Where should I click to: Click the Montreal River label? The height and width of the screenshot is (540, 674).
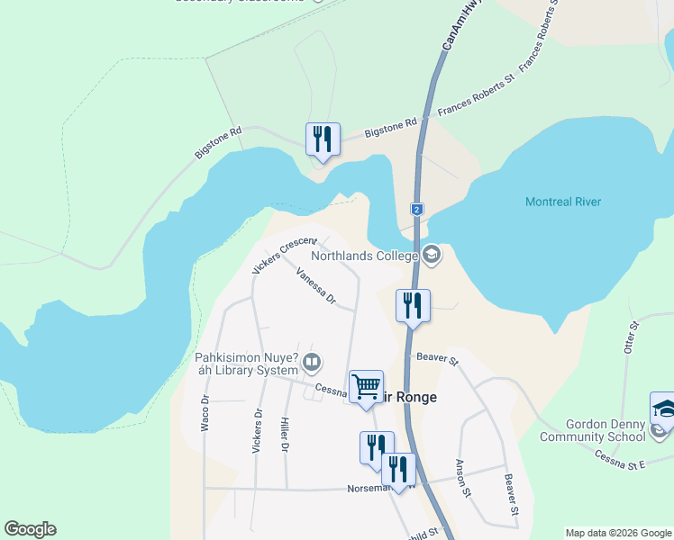[x=562, y=202]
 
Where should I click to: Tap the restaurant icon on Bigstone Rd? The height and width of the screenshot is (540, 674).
[x=323, y=139]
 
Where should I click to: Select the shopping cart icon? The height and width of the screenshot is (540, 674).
[x=366, y=387]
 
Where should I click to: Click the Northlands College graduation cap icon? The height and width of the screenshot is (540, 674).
[x=432, y=256]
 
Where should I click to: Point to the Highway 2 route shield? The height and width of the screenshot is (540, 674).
[x=416, y=209]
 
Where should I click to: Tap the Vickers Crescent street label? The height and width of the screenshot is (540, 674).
[x=285, y=256]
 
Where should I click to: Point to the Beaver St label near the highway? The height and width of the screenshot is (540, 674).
[x=438, y=358]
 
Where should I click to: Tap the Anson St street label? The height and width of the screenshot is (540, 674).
[x=463, y=478]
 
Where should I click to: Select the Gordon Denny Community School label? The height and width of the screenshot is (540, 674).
[x=605, y=430]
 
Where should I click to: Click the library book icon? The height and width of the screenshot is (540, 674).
[x=312, y=364]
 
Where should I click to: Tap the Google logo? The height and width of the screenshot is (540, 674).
[x=30, y=529]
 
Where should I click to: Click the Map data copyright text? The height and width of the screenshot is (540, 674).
[x=619, y=533]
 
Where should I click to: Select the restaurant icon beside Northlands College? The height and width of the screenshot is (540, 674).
[x=413, y=305]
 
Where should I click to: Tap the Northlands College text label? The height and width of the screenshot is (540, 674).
[x=365, y=256]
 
